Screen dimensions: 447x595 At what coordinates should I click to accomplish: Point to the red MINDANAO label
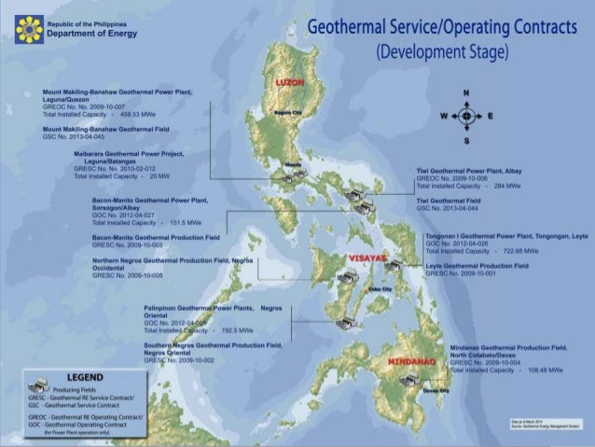[x=409, y=361]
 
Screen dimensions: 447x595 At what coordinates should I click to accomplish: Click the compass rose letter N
[x=465, y=93]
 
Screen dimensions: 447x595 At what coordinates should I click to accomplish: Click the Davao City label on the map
[x=436, y=391]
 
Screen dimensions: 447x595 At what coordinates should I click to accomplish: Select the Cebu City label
[x=380, y=289]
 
